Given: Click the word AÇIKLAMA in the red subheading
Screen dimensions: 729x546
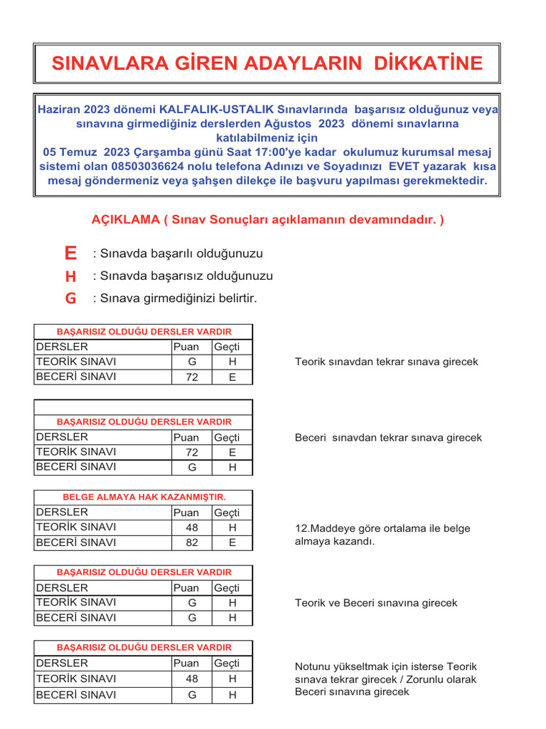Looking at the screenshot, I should (x=126, y=219).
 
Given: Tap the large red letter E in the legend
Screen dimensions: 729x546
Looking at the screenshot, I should (x=70, y=253).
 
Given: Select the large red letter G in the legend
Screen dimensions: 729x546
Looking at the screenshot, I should (x=70, y=299).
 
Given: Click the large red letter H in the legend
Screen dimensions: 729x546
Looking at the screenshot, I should (x=70, y=276).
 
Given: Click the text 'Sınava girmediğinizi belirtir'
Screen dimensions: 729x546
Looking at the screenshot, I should (x=175, y=298).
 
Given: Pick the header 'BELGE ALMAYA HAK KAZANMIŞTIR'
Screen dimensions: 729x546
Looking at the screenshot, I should (x=144, y=497).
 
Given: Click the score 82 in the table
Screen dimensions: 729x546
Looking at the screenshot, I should (x=192, y=543).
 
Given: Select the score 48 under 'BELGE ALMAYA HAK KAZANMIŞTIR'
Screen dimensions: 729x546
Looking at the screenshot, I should (x=192, y=528).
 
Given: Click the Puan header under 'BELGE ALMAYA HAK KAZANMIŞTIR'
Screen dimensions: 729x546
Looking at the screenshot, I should (x=186, y=513).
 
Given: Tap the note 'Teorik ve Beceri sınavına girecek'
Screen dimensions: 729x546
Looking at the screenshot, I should (x=376, y=603).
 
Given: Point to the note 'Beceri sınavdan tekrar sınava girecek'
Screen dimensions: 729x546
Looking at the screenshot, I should (x=388, y=437).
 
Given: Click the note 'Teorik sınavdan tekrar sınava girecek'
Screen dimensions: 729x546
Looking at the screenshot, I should (x=387, y=362).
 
